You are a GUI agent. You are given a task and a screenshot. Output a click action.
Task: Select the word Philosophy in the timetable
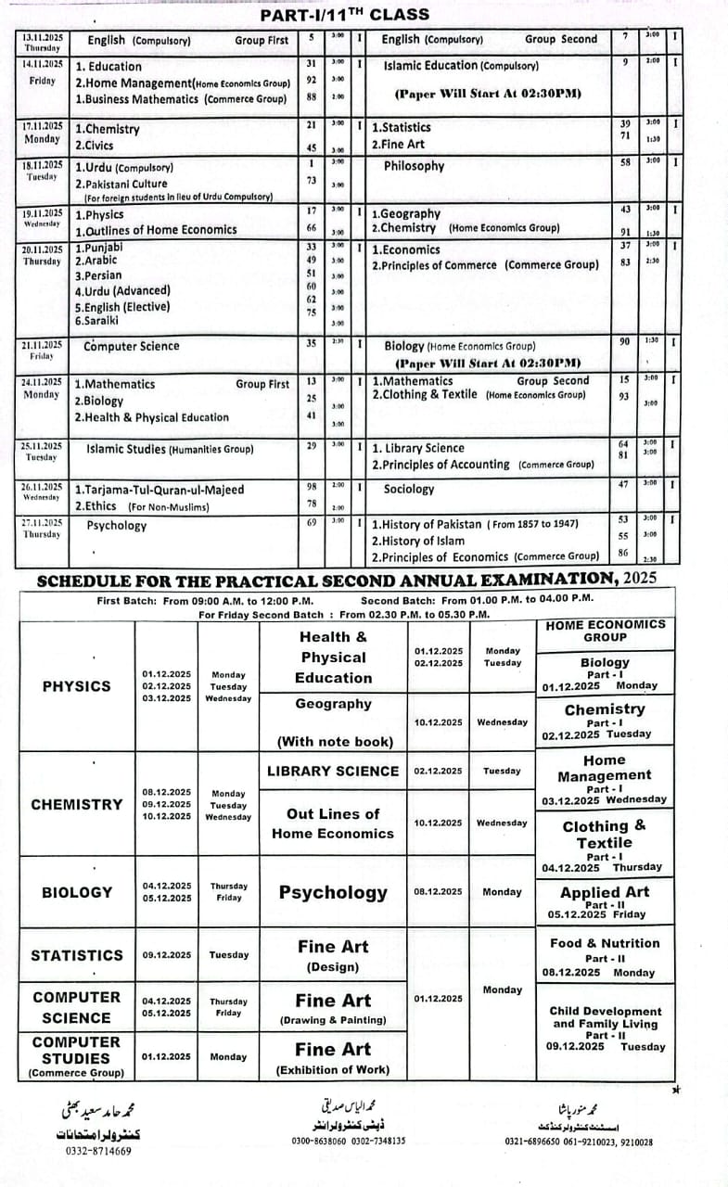tap(414, 166)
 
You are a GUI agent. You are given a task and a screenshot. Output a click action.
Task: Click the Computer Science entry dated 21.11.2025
tap(131, 346)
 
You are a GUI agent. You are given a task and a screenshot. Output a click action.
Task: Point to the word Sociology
tap(408, 489)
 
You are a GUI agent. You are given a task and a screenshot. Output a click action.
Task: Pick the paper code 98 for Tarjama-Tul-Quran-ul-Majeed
tap(312, 485)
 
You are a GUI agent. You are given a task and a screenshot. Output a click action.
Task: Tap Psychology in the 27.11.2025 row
tap(116, 525)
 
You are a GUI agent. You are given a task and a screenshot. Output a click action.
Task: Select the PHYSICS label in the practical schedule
tap(76, 686)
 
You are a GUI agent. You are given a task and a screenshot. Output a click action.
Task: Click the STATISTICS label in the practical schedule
tap(76, 955)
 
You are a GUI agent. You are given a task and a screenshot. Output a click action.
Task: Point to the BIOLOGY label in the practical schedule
tap(76, 892)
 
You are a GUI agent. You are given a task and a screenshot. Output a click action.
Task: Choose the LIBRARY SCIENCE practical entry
tap(333, 771)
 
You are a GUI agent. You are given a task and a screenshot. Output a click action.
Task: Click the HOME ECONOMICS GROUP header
tap(606, 631)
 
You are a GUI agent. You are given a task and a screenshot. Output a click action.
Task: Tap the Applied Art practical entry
tap(605, 892)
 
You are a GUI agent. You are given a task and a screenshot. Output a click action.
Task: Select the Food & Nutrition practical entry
tap(605, 943)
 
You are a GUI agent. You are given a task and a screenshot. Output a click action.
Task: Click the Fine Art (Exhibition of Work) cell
tap(333, 1058)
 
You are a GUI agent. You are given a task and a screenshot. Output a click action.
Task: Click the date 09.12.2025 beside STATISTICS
tap(167, 955)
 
